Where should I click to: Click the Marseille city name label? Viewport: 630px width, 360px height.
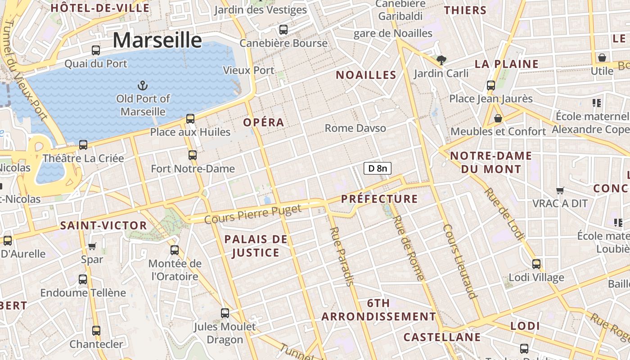pos(157,40)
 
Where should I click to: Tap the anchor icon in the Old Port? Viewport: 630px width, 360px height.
pos(142,85)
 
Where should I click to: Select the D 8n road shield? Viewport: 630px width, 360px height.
pos(377,168)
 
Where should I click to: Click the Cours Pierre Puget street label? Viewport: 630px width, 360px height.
pos(252,214)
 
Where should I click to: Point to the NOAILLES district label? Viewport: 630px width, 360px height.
pos(366,75)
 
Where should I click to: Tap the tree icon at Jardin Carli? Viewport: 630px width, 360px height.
pos(441,60)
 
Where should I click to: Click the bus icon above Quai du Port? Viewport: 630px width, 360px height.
pos(96,50)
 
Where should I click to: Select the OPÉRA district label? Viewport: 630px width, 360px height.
pos(264,122)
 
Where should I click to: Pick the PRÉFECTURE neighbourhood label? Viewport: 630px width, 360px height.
pos(379,199)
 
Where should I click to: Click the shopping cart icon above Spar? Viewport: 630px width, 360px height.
pos(92,246)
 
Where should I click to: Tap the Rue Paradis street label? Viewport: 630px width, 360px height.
pos(342,256)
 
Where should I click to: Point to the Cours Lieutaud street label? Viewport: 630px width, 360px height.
pos(459,261)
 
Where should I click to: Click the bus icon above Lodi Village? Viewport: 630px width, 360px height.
pos(536,264)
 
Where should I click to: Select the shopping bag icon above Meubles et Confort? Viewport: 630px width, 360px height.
pos(498,118)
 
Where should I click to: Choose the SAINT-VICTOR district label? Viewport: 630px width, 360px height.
pos(103,226)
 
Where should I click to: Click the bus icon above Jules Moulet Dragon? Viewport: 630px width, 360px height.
pos(225,313)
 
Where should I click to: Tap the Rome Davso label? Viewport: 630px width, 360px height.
pos(355,128)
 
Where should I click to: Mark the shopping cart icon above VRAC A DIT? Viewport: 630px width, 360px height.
pos(560,190)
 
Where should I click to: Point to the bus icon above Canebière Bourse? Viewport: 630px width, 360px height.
pos(283,30)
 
